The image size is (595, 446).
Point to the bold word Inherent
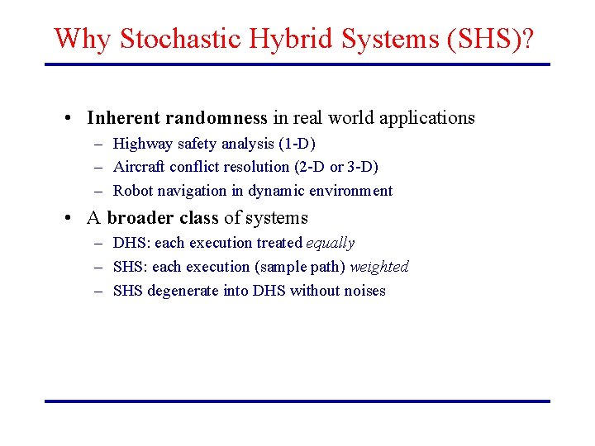tap(124, 118)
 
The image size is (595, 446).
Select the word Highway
tap(143, 145)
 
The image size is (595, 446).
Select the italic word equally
tap(330, 244)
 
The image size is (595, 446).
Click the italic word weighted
tap(378, 267)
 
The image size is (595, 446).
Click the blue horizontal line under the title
tap(297, 64)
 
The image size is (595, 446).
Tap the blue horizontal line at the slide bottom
tap(297, 401)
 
